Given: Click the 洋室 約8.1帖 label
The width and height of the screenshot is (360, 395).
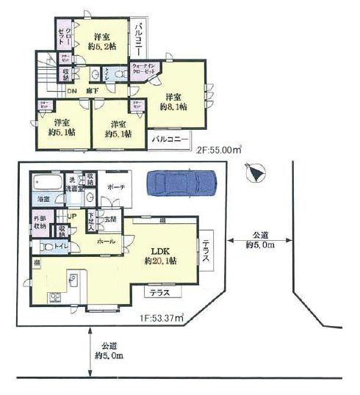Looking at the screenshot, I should click(175, 101).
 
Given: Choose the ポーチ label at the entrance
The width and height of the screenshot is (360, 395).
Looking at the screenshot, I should click(115, 187).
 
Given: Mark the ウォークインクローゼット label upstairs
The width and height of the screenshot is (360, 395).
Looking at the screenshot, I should click(142, 72).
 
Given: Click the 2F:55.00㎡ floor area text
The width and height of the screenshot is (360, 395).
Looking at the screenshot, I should click(219, 149).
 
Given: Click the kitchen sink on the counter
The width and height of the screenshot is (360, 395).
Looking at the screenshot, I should click(73, 280).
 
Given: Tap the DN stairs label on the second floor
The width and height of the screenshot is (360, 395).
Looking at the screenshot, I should click(72, 91).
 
